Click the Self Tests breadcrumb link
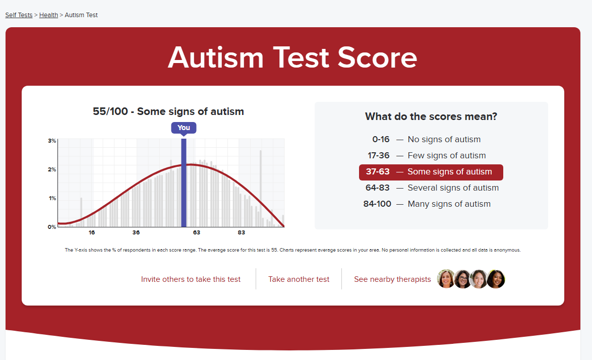point(19,15)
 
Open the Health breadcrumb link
point(49,15)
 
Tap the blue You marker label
point(184,128)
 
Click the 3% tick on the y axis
point(52,141)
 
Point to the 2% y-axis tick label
point(52,169)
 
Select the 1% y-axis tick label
point(52,198)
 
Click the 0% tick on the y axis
point(52,227)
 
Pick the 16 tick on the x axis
point(92,232)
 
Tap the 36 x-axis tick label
point(136,232)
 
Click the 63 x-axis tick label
point(197,232)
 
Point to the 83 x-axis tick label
point(241,232)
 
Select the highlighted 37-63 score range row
point(431,172)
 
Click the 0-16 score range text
point(381,139)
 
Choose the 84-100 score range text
point(377,204)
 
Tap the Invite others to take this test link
point(191,279)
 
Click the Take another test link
point(299,279)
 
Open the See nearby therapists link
point(392,279)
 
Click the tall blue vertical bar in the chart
point(184,183)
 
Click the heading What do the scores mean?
point(431,116)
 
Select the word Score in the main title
point(377,58)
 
